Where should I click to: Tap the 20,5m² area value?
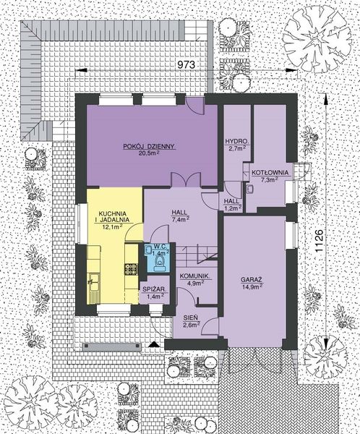coord(150,153)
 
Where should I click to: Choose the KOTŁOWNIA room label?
coord(270,172)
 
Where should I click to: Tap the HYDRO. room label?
coord(237,141)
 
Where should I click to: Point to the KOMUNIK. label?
coord(194,276)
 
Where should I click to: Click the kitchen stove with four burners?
coord(130,270)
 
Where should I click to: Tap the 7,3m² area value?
coord(270,180)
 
